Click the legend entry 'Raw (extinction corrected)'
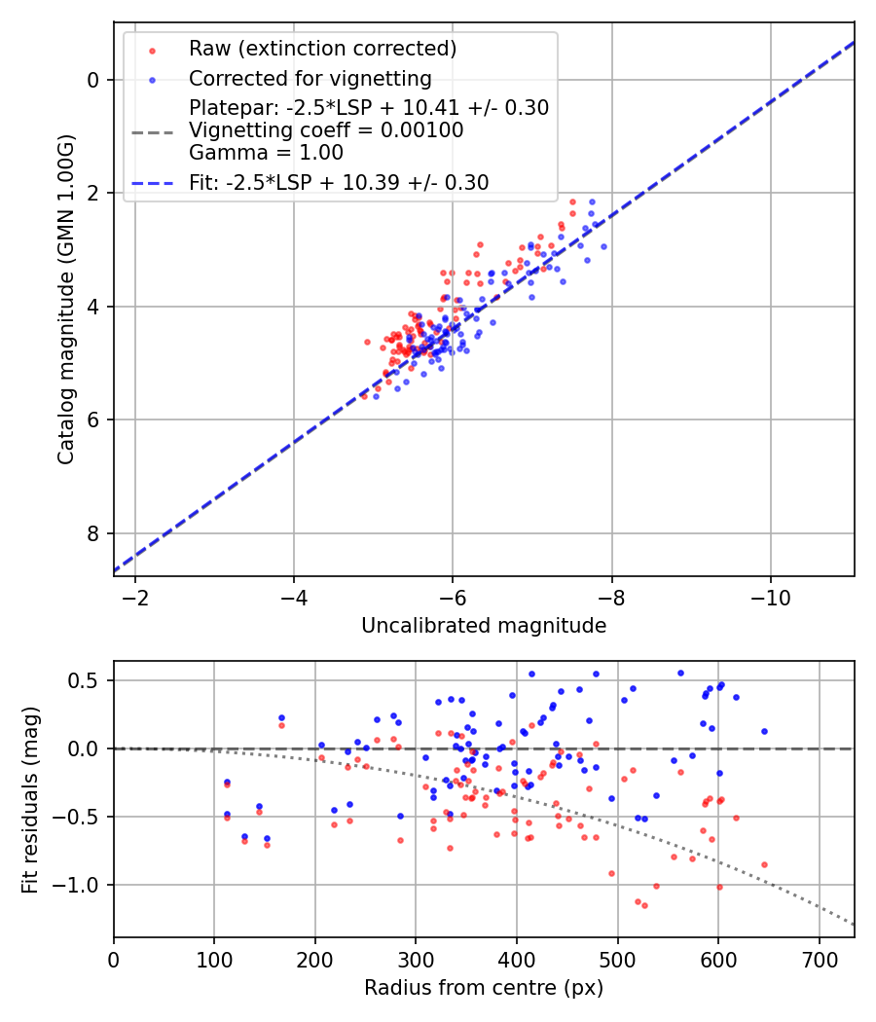pyautogui.click(x=322, y=49)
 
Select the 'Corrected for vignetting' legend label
pyautogui.click(x=310, y=79)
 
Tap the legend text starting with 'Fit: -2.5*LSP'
pyautogui.click(x=339, y=183)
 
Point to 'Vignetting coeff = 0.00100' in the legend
pyautogui.click(x=326, y=130)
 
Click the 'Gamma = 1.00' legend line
pyautogui.click(x=266, y=153)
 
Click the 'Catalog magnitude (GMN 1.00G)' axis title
pyautogui.click(x=66, y=300)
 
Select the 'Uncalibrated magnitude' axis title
pyautogui.click(x=484, y=626)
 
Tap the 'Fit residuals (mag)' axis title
pyautogui.click(x=30, y=800)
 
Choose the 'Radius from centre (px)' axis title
pyautogui.click(x=484, y=988)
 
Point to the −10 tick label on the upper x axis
pyautogui.click(x=771, y=598)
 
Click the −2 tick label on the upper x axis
pyautogui.click(x=135, y=598)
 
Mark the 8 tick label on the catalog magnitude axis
pyautogui.click(x=93, y=533)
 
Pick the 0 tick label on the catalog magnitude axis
pyautogui.click(x=93, y=80)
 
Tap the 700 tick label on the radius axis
pyautogui.click(x=820, y=960)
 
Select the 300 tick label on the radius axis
pyautogui.click(x=416, y=960)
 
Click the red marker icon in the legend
pyautogui.click(x=153, y=51)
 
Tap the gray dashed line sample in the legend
pyautogui.click(x=153, y=133)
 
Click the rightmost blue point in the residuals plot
pyautogui.click(x=764, y=731)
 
